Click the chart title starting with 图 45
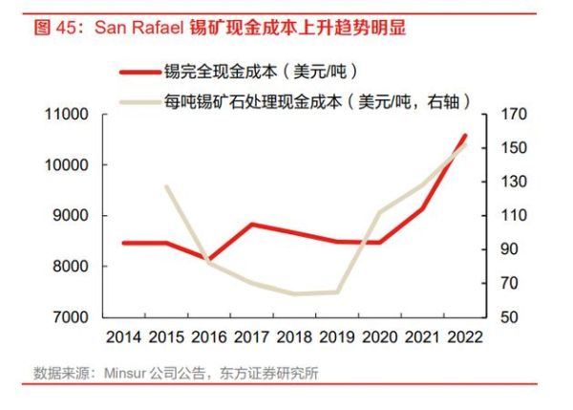(220, 28)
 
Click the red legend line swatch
(140, 72)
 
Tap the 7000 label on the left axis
(70, 316)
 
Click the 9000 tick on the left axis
(70, 216)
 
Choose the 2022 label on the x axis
(465, 337)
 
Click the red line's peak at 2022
(465, 136)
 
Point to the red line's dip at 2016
(208, 260)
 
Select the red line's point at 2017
(251, 225)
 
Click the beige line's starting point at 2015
(166, 186)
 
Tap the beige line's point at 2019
(337, 291)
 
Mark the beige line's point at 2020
(380, 212)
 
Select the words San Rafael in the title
(135, 28)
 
